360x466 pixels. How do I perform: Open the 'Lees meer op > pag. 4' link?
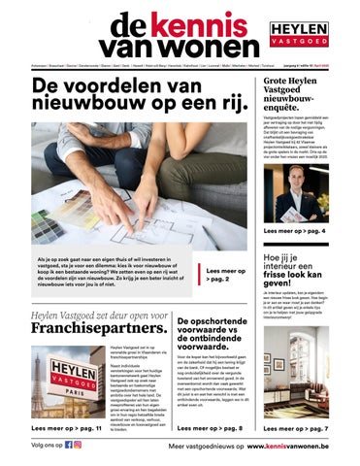[x=295, y=232]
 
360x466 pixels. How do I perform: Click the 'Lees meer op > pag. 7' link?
[x=295, y=427]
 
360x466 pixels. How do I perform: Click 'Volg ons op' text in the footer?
[x=46, y=447]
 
